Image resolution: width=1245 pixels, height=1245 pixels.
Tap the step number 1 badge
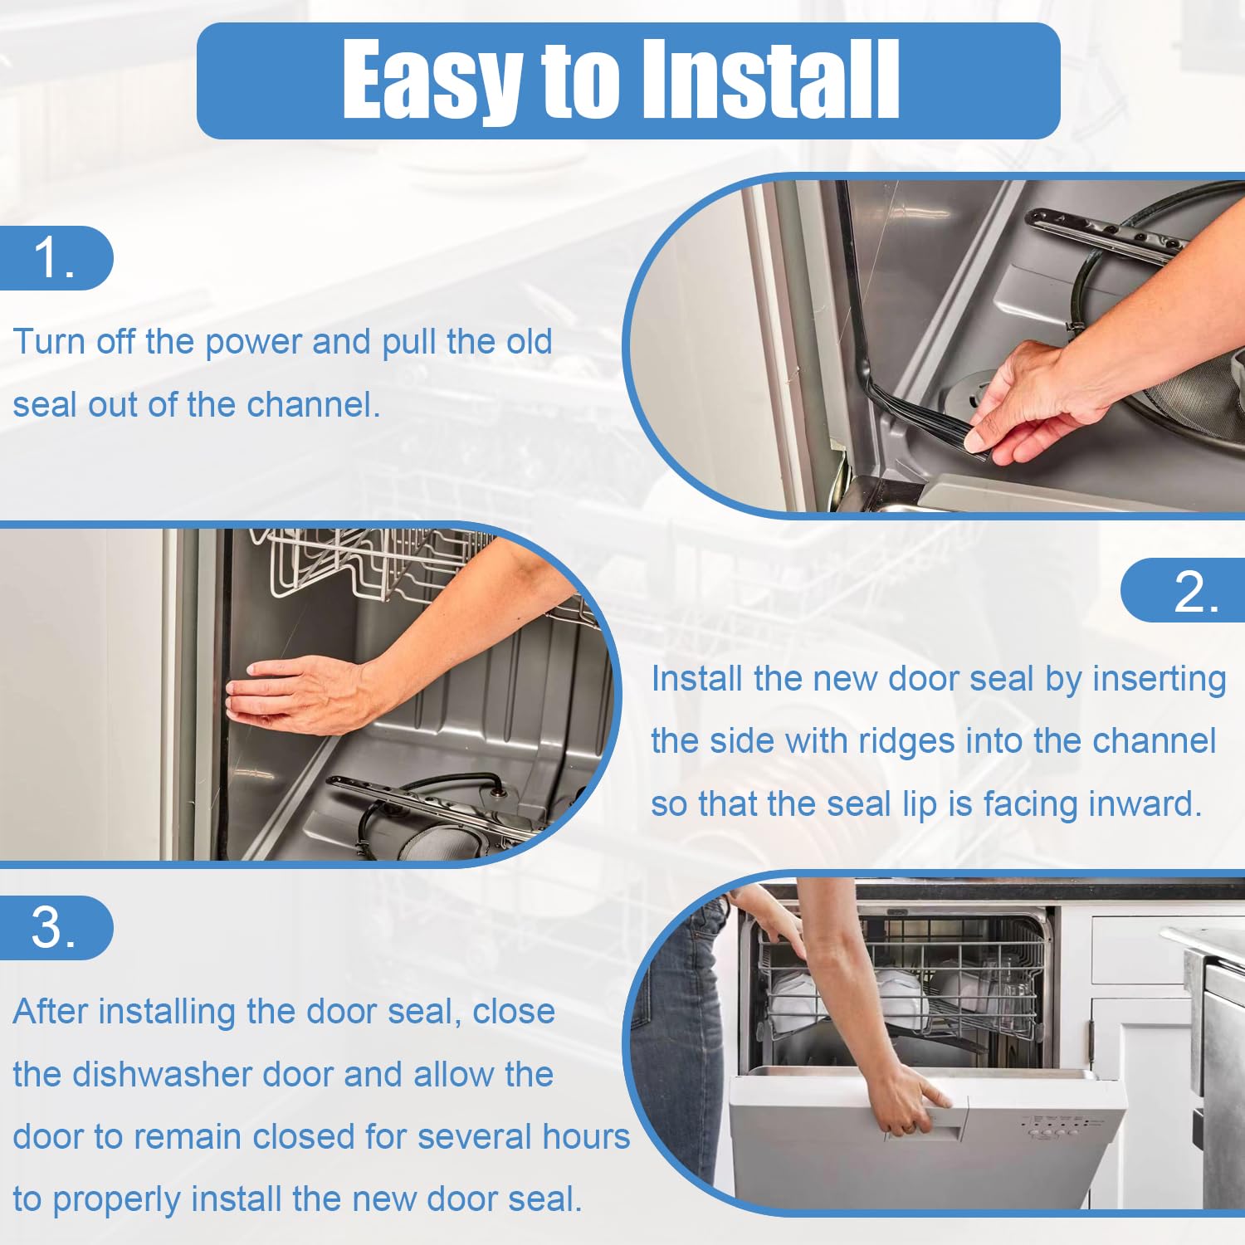coord(55,258)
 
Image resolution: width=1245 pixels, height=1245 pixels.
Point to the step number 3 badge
coord(55,927)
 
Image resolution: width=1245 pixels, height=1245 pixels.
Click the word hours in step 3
coord(585,1137)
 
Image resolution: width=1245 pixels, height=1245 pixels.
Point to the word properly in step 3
coord(116,1200)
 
